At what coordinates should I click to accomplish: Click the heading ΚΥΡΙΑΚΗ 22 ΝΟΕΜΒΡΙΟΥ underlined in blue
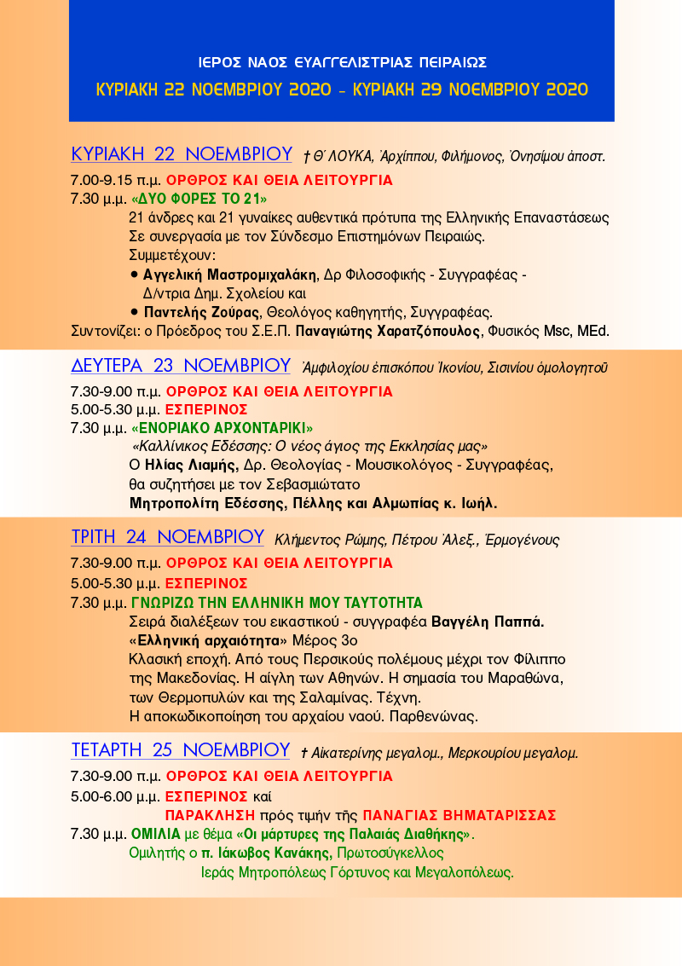pos(182,154)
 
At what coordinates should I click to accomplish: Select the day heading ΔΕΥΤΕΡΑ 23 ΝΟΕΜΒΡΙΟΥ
pos(181,366)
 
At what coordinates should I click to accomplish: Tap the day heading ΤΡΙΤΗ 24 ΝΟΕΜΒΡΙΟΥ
pos(167,537)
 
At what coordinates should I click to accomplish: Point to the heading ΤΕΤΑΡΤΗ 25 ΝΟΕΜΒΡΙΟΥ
pos(181,750)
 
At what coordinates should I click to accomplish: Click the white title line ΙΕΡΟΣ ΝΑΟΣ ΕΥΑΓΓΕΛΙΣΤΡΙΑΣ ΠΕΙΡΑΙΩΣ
pos(341,62)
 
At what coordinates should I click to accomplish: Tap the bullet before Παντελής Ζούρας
pos(135,311)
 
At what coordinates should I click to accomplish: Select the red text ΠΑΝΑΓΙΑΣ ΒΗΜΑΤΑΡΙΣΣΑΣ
pos(459,813)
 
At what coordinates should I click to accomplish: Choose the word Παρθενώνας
pos(435,715)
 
